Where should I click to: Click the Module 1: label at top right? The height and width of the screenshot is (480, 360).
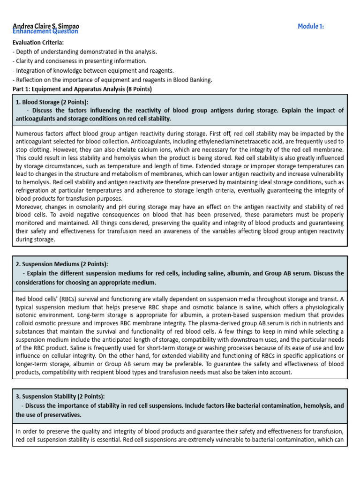[x=311, y=26]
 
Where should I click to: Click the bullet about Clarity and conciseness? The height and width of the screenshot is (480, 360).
[x=79, y=61]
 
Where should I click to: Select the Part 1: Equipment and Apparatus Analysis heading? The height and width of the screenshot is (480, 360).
[x=82, y=89]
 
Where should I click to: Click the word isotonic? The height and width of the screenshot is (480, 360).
[x=28, y=315]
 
